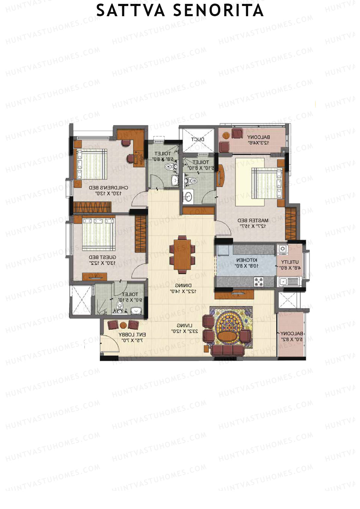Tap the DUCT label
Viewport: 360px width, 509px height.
198,139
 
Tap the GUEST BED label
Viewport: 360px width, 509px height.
103,257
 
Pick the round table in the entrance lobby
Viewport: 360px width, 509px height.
123,325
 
